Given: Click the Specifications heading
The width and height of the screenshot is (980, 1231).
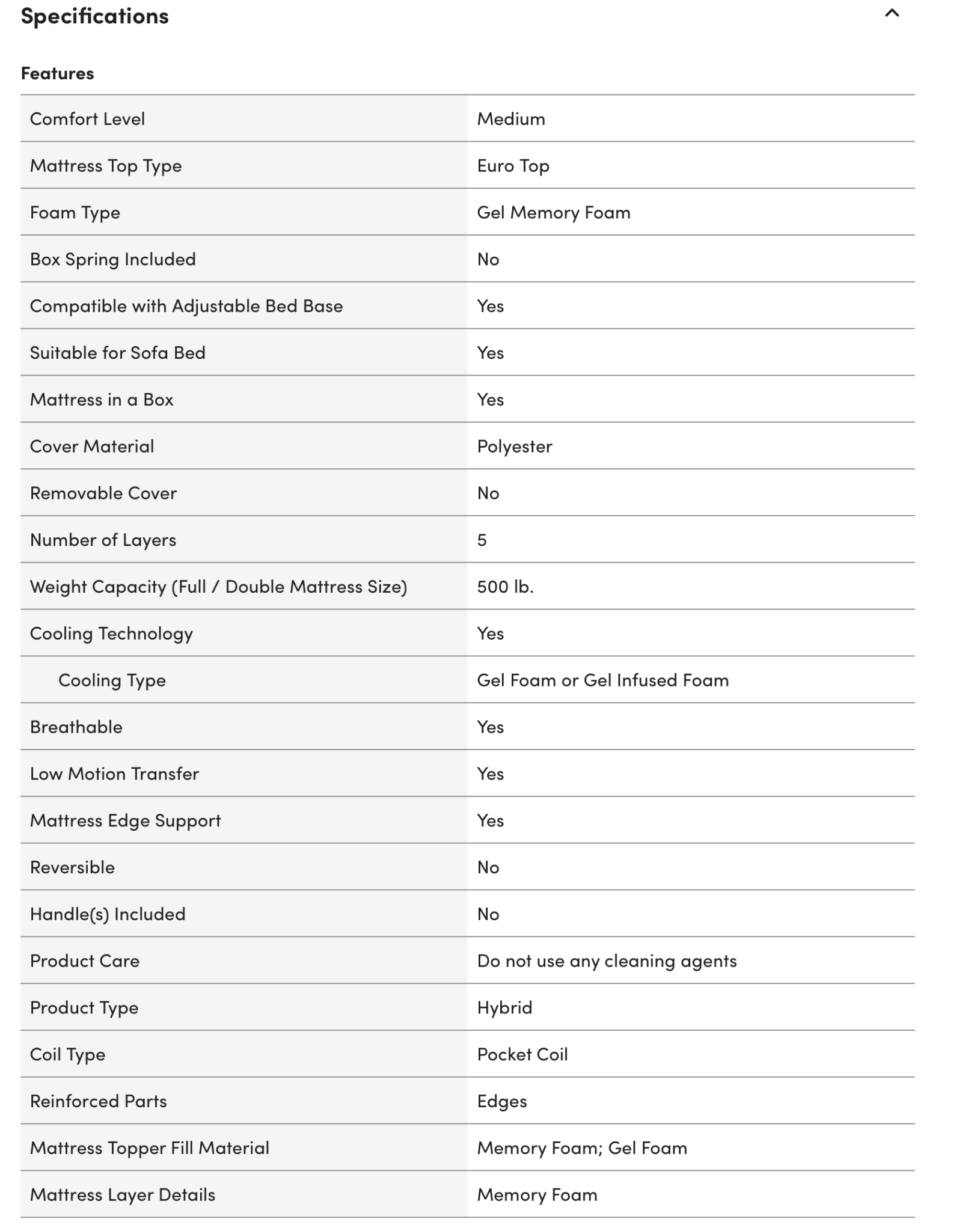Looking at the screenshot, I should point(94,16).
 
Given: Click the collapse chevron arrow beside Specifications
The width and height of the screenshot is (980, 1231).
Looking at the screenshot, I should point(892,13).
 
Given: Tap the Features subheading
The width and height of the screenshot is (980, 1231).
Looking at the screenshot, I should point(57,73).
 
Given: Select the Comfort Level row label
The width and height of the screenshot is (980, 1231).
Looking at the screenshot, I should point(87,119).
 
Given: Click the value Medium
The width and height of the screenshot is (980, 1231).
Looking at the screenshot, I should point(511,119).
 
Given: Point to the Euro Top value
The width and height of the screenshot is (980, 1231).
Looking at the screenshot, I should point(513,166).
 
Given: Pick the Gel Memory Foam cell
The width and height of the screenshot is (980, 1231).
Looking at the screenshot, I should point(553,213).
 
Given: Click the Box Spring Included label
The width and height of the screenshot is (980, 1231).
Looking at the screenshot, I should point(112,259).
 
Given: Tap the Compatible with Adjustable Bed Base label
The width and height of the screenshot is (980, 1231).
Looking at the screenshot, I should point(186,306).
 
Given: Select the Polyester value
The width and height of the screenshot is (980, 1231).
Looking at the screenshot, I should point(515,446).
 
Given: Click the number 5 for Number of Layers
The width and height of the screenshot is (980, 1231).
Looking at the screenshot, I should point(482,540).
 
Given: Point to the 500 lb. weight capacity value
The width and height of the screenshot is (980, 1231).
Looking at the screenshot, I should point(505,587).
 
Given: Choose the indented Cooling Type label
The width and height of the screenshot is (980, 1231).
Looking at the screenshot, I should point(112,680).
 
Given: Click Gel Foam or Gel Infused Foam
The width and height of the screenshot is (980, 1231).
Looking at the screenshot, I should point(602,680).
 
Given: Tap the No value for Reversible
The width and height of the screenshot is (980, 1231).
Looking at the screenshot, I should point(488,867).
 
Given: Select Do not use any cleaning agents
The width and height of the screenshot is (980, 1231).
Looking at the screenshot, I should point(607,961).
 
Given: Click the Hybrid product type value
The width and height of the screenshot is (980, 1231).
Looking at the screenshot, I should point(504,1007).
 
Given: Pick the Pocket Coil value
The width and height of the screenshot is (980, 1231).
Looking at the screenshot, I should point(522,1054).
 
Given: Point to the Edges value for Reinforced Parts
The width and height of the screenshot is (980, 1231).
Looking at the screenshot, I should point(502,1101).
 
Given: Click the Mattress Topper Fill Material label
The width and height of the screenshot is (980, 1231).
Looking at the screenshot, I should point(149,1148).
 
